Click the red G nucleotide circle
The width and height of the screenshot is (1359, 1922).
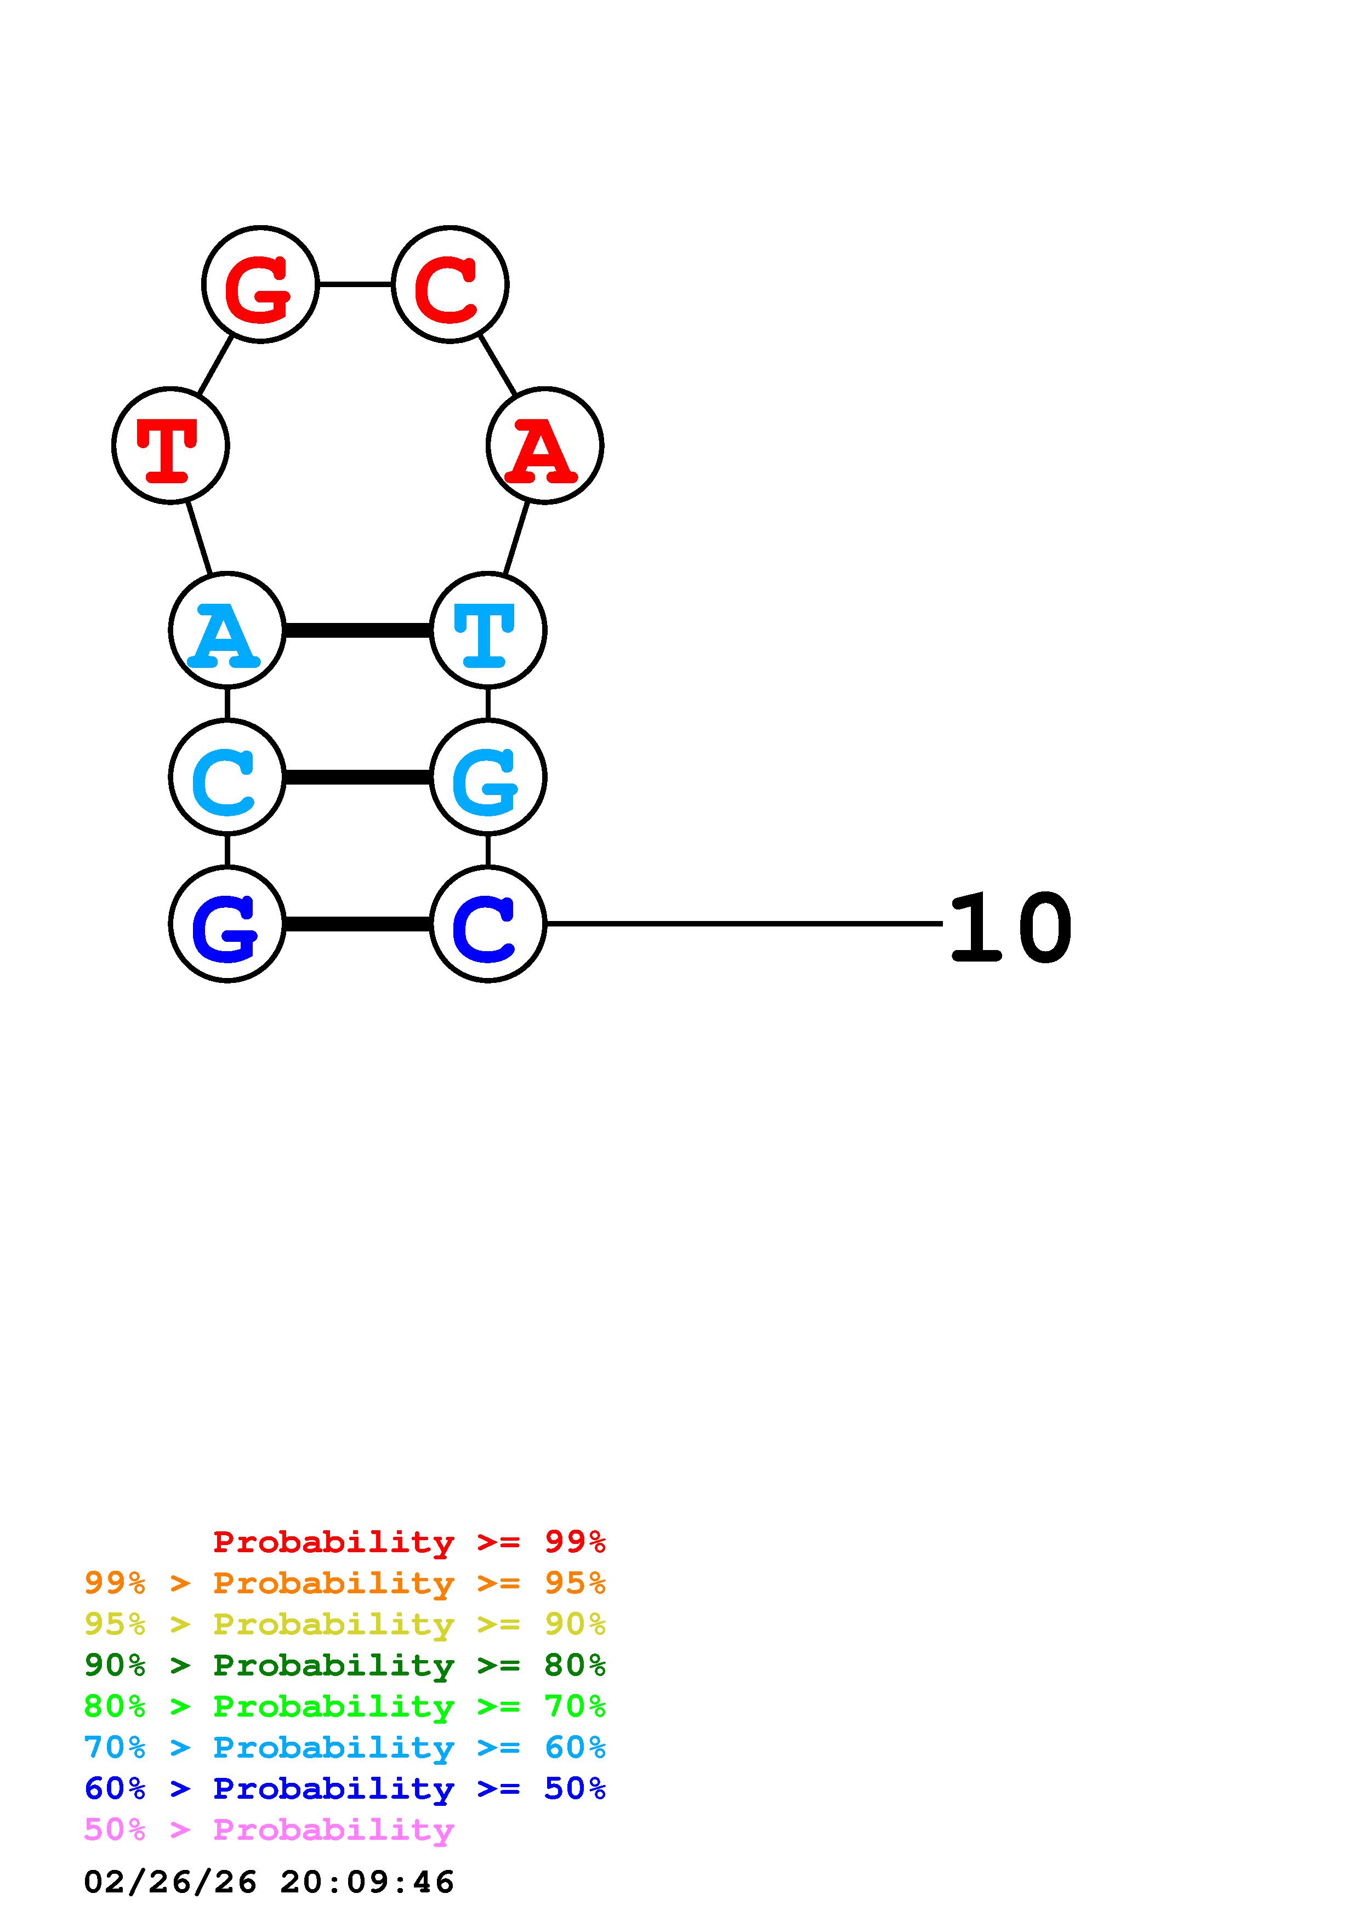click(260, 284)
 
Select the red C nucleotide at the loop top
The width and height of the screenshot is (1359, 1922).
click(450, 284)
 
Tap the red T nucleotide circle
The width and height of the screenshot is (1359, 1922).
click(171, 445)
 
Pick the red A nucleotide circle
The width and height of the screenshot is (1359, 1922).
click(544, 445)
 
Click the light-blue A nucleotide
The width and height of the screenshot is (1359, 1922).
click(227, 630)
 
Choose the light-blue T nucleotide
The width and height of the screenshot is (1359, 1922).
click(487, 630)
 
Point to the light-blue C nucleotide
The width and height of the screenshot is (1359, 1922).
click(227, 777)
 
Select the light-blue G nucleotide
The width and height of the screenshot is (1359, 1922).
click(487, 777)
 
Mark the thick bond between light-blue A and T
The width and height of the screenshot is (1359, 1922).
click(357, 630)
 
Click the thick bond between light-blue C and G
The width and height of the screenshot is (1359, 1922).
click(357, 777)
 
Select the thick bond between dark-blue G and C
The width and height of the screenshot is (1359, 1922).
click(357, 924)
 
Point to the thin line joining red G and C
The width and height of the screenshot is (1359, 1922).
click(355, 284)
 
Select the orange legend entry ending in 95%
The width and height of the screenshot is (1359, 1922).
click(344, 1583)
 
